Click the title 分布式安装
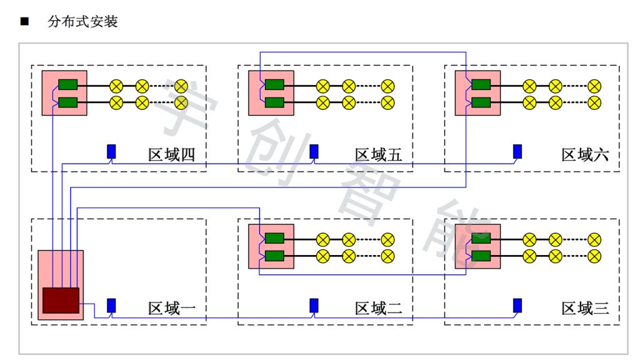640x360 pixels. click(x=82, y=22)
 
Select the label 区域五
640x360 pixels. click(x=378, y=154)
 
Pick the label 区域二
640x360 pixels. click(x=378, y=308)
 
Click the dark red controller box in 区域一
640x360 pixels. click(x=61, y=300)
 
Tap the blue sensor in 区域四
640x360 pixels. click(x=111, y=151)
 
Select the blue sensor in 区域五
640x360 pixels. click(x=314, y=151)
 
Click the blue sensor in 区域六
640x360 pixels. click(x=517, y=151)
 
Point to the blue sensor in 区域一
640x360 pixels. click(x=111, y=305)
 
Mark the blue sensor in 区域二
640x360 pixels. click(x=314, y=305)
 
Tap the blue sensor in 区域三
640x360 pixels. click(x=517, y=305)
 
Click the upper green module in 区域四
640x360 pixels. click(x=67, y=85)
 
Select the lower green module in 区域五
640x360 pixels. click(x=274, y=102)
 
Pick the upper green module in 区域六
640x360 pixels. click(x=481, y=85)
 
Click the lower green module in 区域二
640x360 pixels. click(x=274, y=256)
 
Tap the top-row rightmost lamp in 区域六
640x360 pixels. click(x=594, y=86)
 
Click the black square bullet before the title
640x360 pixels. click(x=25, y=22)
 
